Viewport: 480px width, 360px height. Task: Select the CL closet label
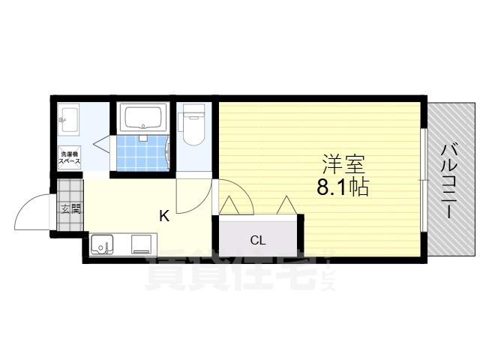tap(258, 241)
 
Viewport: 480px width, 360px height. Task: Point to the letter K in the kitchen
tap(163, 217)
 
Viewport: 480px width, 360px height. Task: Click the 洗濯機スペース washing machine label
tap(70, 157)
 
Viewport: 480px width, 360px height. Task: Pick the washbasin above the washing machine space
tap(70, 118)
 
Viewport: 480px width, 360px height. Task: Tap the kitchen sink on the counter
tap(101, 244)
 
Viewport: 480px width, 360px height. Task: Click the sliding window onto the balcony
tap(424, 179)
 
